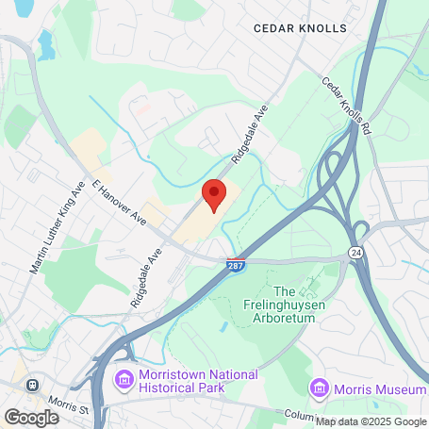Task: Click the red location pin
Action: tap(214, 193)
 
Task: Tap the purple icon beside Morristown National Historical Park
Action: tap(124, 381)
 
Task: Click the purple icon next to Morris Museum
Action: tap(320, 388)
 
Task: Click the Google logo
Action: tap(32, 416)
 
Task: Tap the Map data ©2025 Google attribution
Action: tap(371, 421)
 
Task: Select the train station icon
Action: tap(34, 385)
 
